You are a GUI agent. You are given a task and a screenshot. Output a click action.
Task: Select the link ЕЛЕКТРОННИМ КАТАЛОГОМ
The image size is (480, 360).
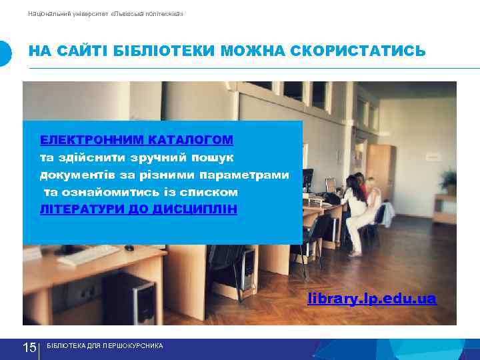coord(137,140)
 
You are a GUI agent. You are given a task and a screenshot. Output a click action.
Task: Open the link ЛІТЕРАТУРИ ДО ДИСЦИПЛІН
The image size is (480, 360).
coord(139,209)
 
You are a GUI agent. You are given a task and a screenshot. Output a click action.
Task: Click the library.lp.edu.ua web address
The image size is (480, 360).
coord(372,298)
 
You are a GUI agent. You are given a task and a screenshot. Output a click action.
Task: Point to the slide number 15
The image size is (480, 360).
coord(29,347)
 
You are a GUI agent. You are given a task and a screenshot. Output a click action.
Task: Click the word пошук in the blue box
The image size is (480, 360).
coord(207,157)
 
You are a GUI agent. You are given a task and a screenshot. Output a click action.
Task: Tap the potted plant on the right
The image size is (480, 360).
coord(448,181)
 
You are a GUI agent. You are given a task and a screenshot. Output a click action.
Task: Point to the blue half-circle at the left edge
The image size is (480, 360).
coord(5,53)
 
